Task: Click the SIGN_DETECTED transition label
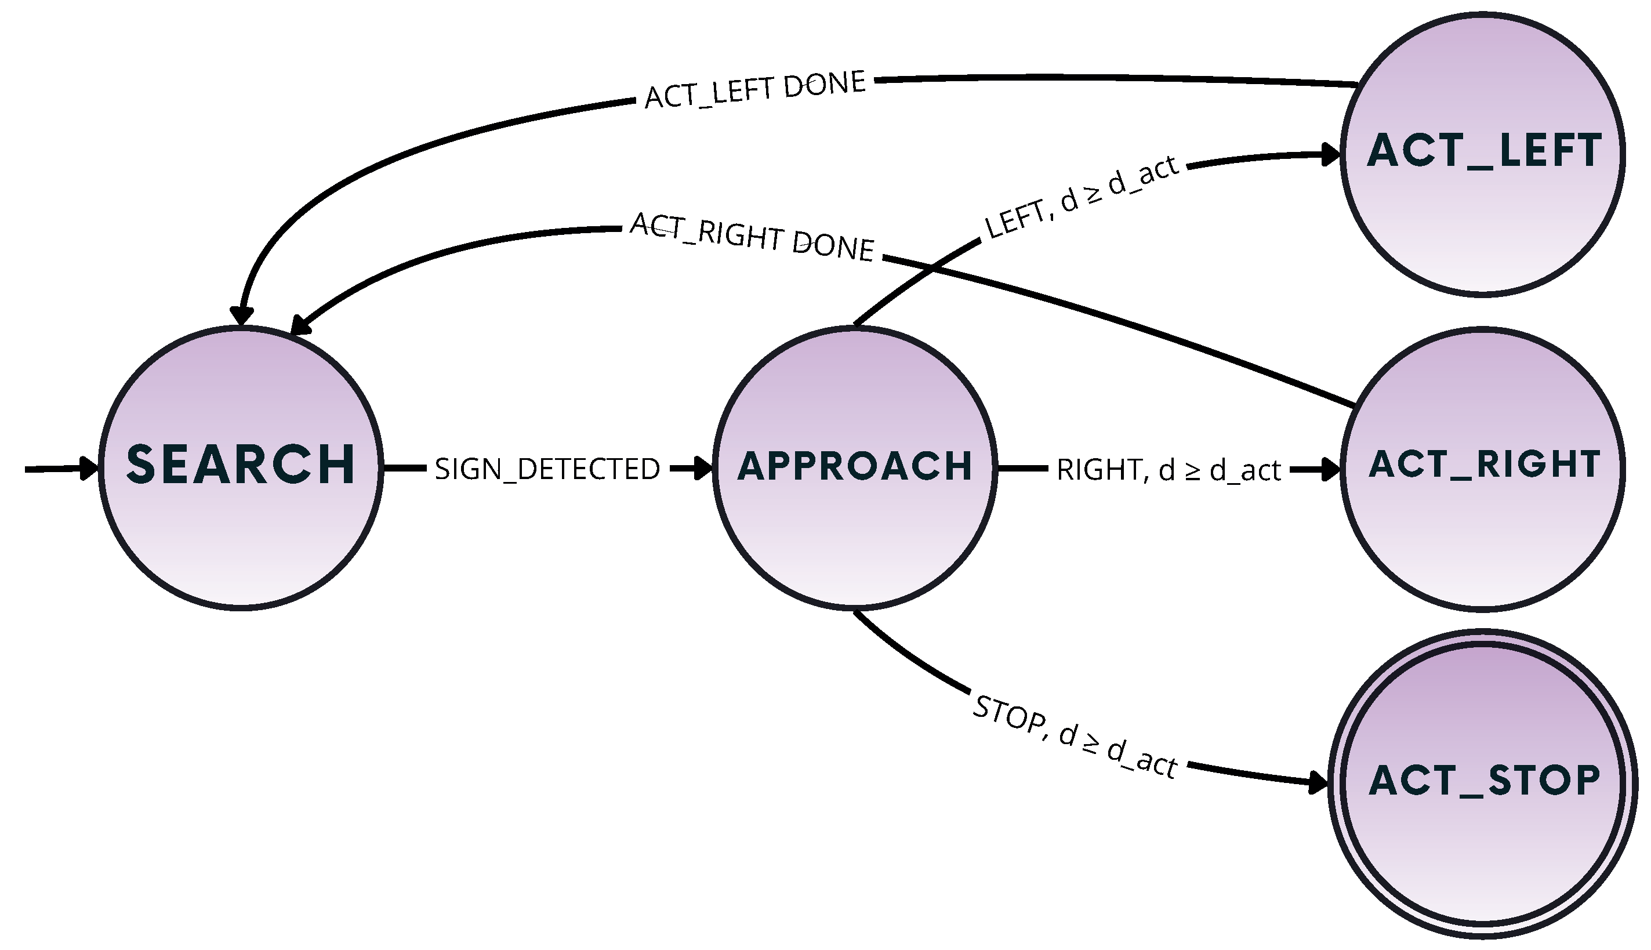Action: pyautogui.click(x=547, y=469)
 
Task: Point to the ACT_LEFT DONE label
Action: pyautogui.click(x=754, y=89)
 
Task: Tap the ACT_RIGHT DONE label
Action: pyautogui.click(x=752, y=237)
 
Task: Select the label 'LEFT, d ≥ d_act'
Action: pyautogui.click(x=1082, y=197)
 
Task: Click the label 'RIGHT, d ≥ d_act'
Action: pyautogui.click(x=1169, y=470)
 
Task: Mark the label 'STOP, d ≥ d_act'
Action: pyautogui.click(x=1075, y=737)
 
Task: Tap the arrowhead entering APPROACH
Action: pyautogui.click(x=703, y=468)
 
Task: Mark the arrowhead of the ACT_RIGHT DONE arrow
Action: pyautogui.click(x=299, y=324)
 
